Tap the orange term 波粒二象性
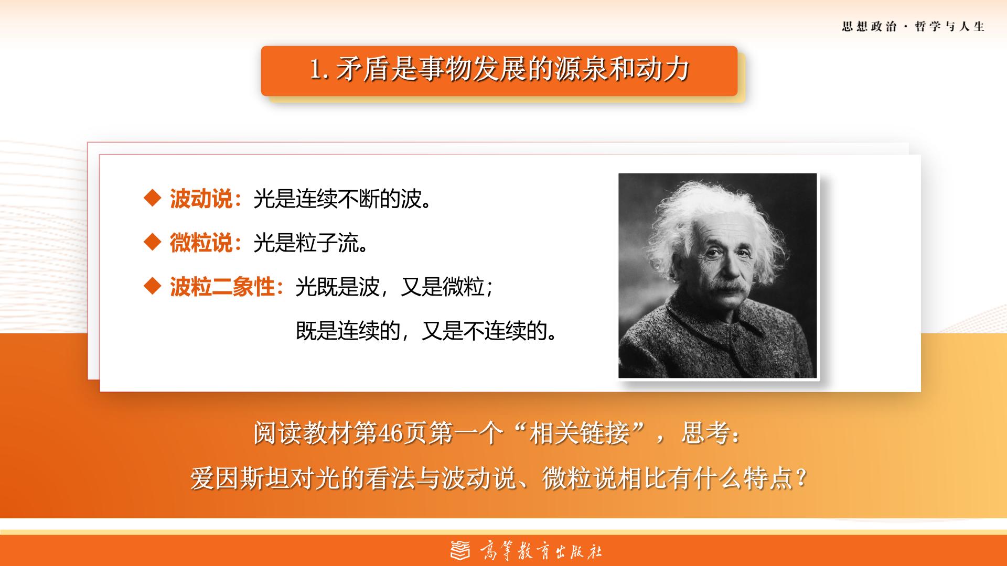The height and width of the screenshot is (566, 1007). point(222,287)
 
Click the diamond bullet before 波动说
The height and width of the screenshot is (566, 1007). point(152,199)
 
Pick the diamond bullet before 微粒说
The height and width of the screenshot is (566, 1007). point(152,243)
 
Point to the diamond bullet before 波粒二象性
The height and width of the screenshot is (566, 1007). point(152,287)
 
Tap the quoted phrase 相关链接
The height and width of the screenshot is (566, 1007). point(579,434)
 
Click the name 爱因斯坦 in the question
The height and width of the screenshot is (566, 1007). point(239,478)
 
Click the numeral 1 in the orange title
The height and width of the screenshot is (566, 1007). point(316,70)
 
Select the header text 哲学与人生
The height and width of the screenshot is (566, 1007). point(950,27)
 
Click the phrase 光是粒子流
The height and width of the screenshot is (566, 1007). point(306,243)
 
